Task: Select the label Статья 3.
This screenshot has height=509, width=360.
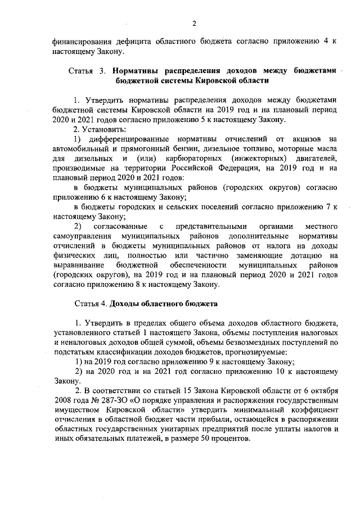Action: [x=87, y=71]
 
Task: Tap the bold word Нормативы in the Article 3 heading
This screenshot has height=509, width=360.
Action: [x=137, y=71]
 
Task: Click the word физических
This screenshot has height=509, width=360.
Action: [x=75, y=256]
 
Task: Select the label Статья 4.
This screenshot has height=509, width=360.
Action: [x=91, y=304]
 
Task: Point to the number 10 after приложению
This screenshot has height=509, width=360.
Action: [x=280, y=372]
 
